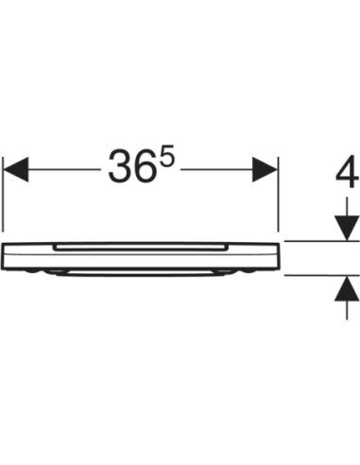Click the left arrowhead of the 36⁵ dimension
pos(15,169)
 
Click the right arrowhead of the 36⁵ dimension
pos(265,169)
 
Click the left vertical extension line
pos(3,195)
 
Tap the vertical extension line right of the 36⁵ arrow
pos(278,194)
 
